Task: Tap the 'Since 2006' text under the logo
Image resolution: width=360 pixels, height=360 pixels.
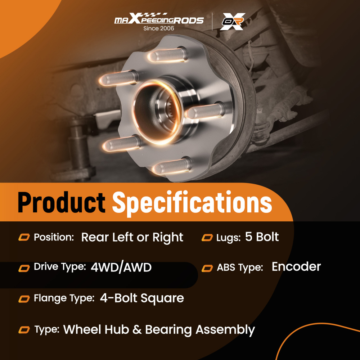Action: pyautogui.click(x=159, y=28)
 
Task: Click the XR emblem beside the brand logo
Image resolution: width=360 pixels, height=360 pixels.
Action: pyautogui.click(x=233, y=22)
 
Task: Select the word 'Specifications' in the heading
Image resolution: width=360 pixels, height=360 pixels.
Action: pyautogui.click(x=192, y=203)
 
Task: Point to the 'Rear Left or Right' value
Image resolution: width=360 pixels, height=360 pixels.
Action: pyautogui.click(x=132, y=238)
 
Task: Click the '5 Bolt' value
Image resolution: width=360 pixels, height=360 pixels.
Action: pyautogui.click(x=262, y=237)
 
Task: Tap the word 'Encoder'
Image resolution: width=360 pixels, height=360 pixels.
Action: pyautogui.click(x=296, y=267)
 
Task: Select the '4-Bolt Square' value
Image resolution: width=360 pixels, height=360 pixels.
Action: pyautogui.click(x=142, y=298)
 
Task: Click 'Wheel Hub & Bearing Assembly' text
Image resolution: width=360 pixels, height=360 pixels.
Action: pyautogui.click(x=159, y=329)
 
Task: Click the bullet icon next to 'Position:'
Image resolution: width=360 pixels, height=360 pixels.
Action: pyautogui.click(x=24, y=238)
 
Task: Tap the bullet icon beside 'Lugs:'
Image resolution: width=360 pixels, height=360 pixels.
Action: pyautogui.click(x=207, y=238)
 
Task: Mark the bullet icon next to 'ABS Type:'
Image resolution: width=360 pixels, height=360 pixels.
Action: pyautogui.click(x=207, y=268)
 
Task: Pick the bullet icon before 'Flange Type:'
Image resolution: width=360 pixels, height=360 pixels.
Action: pyautogui.click(x=24, y=298)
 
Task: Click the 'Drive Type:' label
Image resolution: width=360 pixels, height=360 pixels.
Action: pyautogui.click(x=60, y=267)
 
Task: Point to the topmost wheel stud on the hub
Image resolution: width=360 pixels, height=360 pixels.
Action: pyautogui.click(x=168, y=54)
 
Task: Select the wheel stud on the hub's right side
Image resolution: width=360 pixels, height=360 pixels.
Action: pyautogui.click(x=204, y=111)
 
